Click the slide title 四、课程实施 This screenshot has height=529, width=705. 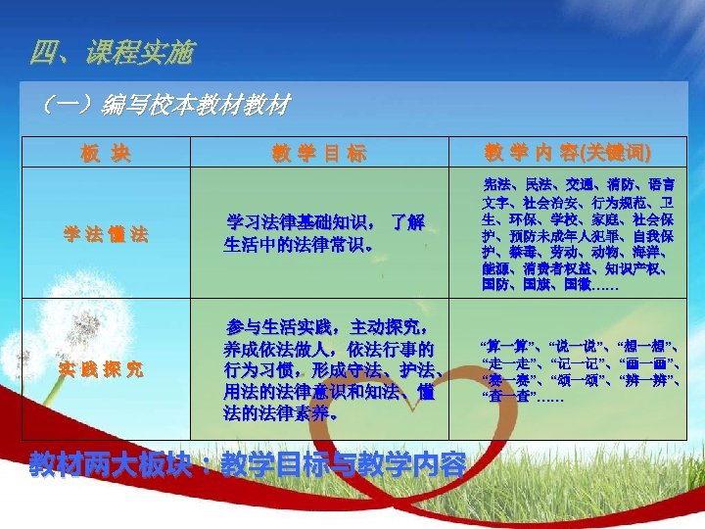click(x=112, y=52)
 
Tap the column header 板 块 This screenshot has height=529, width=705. click(x=107, y=153)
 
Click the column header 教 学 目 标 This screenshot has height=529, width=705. click(x=319, y=153)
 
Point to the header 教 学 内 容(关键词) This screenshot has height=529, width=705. click(x=568, y=153)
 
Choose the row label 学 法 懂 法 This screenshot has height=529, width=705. click(x=107, y=234)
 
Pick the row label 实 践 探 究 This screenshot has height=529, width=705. click(x=107, y=368)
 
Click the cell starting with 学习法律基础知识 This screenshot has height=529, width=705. click(x=324, y=233)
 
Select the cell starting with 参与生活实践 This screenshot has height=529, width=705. click(x=329, y=369)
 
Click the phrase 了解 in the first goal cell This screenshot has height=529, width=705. click(x=406, y=222)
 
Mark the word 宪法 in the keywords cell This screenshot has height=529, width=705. click(x=497, y=184)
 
